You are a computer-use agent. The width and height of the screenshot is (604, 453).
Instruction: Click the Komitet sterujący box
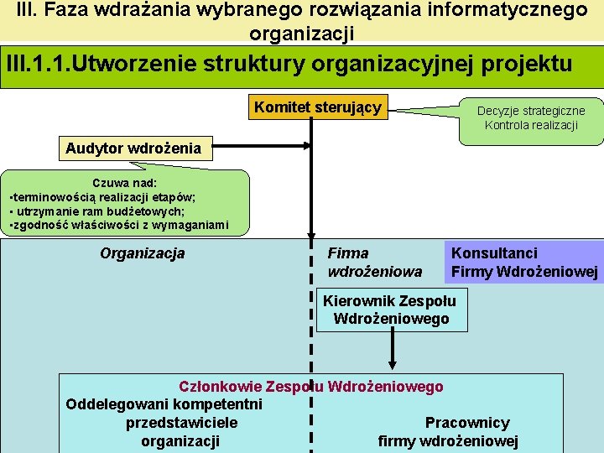pos(318,107)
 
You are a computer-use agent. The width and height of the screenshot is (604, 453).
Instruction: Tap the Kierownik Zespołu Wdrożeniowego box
pos(390,310)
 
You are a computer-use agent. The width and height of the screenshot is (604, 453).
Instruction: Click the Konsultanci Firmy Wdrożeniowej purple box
pos(523,262)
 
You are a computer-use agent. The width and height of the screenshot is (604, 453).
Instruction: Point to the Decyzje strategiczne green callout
pos(531,118)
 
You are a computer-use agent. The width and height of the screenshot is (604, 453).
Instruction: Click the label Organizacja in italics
pos(142,253)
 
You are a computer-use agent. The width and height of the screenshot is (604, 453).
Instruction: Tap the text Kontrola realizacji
pos(531,125)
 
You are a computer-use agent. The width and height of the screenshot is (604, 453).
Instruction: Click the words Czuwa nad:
pos(125,182)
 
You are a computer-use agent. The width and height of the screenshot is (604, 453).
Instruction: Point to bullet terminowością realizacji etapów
pos(102,196)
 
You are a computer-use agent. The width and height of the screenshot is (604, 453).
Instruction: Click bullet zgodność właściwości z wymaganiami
pos(118,225)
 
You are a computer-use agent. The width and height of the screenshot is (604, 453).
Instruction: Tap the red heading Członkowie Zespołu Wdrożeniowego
pos(311,387)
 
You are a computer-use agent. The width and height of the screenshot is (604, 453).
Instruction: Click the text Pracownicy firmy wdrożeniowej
pos(449,432)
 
